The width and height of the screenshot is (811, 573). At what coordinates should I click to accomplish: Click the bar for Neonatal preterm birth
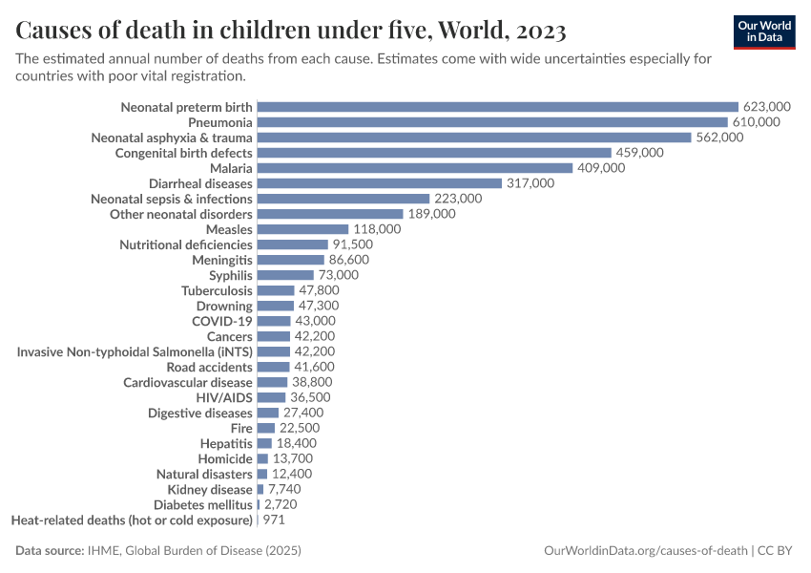497,107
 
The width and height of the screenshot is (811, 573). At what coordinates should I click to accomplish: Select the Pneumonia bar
492,122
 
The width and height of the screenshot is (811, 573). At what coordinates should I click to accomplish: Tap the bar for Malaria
415,168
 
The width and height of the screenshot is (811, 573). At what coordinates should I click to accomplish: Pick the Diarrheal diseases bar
380,183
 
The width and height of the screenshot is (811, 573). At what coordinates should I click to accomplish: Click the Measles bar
302,229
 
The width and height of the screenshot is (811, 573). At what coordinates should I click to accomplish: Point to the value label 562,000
719,138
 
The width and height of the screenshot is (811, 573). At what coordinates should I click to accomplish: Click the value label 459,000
639,153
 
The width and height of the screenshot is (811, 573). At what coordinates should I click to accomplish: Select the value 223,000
458,199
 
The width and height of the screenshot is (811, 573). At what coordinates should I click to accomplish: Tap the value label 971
274,520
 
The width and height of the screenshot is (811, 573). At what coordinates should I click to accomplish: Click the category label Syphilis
231,275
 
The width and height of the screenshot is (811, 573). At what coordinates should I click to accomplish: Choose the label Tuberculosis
217,290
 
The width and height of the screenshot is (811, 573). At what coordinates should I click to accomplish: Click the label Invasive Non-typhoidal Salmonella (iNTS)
135,351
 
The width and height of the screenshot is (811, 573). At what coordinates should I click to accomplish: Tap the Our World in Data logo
764,32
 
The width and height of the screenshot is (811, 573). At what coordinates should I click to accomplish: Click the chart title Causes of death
291,32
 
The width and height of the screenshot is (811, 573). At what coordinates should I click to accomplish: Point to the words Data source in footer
50,551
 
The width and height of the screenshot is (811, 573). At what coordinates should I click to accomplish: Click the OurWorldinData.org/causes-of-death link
646,551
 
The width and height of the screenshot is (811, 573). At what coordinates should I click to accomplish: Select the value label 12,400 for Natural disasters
292,474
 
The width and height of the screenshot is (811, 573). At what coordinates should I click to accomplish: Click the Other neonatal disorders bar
330,214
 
